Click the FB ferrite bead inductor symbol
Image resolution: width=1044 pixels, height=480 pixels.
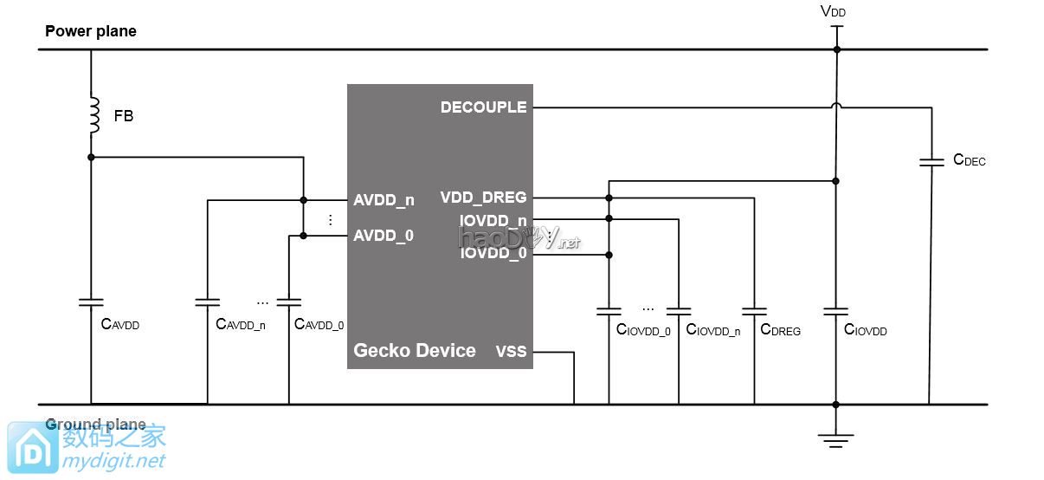(91, 115)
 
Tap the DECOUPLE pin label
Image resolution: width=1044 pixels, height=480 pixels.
(483, 107)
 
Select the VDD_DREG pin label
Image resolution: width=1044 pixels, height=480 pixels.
(483, 198)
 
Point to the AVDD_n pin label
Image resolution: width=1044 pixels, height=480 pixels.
(383, 200)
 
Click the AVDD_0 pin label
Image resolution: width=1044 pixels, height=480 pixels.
(383, 235)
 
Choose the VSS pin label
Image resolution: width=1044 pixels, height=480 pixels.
(511, 352)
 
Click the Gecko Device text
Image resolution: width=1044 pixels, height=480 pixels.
(415, 351)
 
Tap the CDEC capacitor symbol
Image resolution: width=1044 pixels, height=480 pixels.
(931, 162)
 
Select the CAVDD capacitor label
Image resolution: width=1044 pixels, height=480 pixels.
(120, 325)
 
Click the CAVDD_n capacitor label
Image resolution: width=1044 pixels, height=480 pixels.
(240, 325)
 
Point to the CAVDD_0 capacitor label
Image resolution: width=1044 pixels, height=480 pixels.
(319, 325)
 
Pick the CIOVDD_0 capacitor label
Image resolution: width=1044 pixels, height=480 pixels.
(643, 330)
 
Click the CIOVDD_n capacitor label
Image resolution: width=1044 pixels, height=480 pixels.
(712, 330)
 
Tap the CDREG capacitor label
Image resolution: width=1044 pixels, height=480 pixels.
(780, 330)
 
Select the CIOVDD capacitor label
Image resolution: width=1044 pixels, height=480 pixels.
(865, 330)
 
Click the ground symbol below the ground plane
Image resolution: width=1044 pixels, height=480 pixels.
(835, 439)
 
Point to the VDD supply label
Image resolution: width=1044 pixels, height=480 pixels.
(833, 12)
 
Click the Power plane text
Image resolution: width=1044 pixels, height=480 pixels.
(91, 31)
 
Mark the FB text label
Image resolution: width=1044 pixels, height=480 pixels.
(124, 115)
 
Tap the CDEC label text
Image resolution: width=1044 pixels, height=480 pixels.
(969, 160)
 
